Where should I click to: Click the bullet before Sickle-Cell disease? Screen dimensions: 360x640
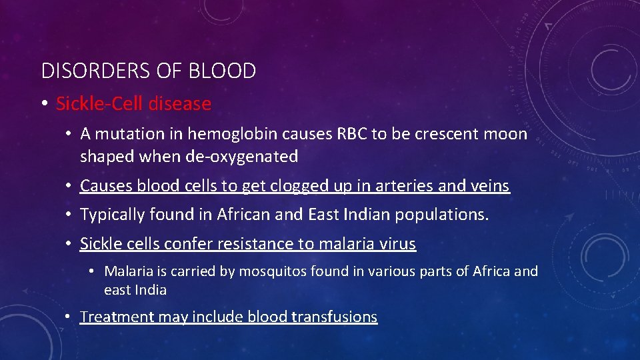pos(43,104)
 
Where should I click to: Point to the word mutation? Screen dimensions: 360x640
pos(125,134)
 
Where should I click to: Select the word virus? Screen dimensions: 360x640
pos(398,244)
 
